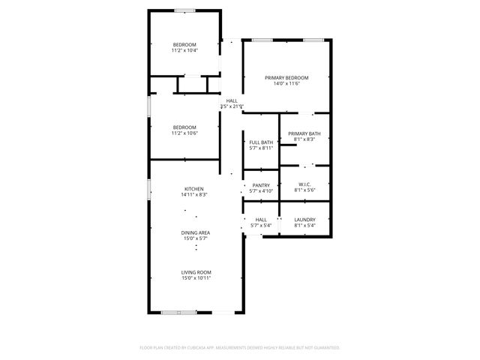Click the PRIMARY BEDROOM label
[x=286, y=77]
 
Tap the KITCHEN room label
[x=194, y=188]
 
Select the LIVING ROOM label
[x=196, y=271]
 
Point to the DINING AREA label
[x=195, y=232]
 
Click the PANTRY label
[x=261, y=185]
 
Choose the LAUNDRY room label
[x=304, y=219]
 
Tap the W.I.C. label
[x=304, y=184]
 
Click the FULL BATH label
[x=261, y=142]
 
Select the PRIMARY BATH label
[x=304, y=133]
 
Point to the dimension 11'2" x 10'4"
[x=184, y=50]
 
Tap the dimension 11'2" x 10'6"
[x=184, y=133]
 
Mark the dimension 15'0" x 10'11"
[x=196, y=278]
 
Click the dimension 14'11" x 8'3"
[x=194, y=195]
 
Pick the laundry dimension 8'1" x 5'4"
[x=304, y=225]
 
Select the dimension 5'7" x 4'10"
[x=261, y=191]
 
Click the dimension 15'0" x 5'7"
[x=195, y=239]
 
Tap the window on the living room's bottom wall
[x=179, y=311]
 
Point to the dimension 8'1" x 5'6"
[x=304, y=190]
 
